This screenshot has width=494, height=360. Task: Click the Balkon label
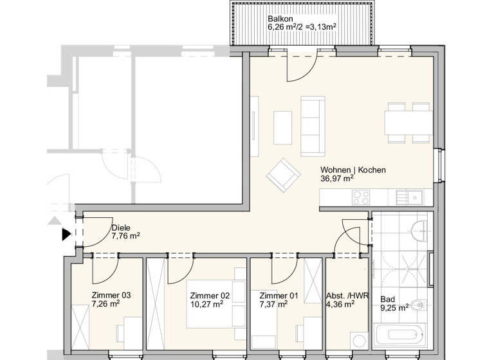coord(280,19)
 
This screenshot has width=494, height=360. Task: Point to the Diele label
coord(121,228)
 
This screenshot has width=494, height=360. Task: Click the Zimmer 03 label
coord(111,295)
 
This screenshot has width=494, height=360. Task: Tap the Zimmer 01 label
coord(279,295)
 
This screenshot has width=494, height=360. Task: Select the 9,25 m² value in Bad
coord(394,308)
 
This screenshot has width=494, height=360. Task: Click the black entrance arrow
coord(66,235)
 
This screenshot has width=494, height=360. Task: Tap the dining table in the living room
coord(408,122)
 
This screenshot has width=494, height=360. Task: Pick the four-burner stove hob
coord(361,198)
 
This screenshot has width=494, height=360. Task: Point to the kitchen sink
coord(409,197)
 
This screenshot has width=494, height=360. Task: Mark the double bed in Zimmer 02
coord(212,315)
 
